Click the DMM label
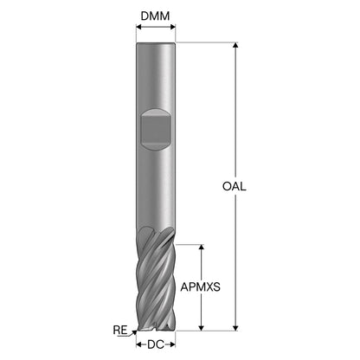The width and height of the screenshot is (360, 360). [155, 16]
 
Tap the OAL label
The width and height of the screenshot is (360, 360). [235, 186]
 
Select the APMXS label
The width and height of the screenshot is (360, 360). [200, 286]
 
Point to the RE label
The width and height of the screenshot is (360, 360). [120, 330]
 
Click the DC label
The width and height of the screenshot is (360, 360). [156, 344]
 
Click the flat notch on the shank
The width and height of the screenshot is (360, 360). [156, 129]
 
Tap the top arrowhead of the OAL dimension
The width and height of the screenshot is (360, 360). [235, 45]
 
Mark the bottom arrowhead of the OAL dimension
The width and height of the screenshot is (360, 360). [235, 328]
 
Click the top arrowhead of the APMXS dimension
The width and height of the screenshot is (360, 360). [202, 247]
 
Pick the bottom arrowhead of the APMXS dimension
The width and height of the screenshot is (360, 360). [202, 328]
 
